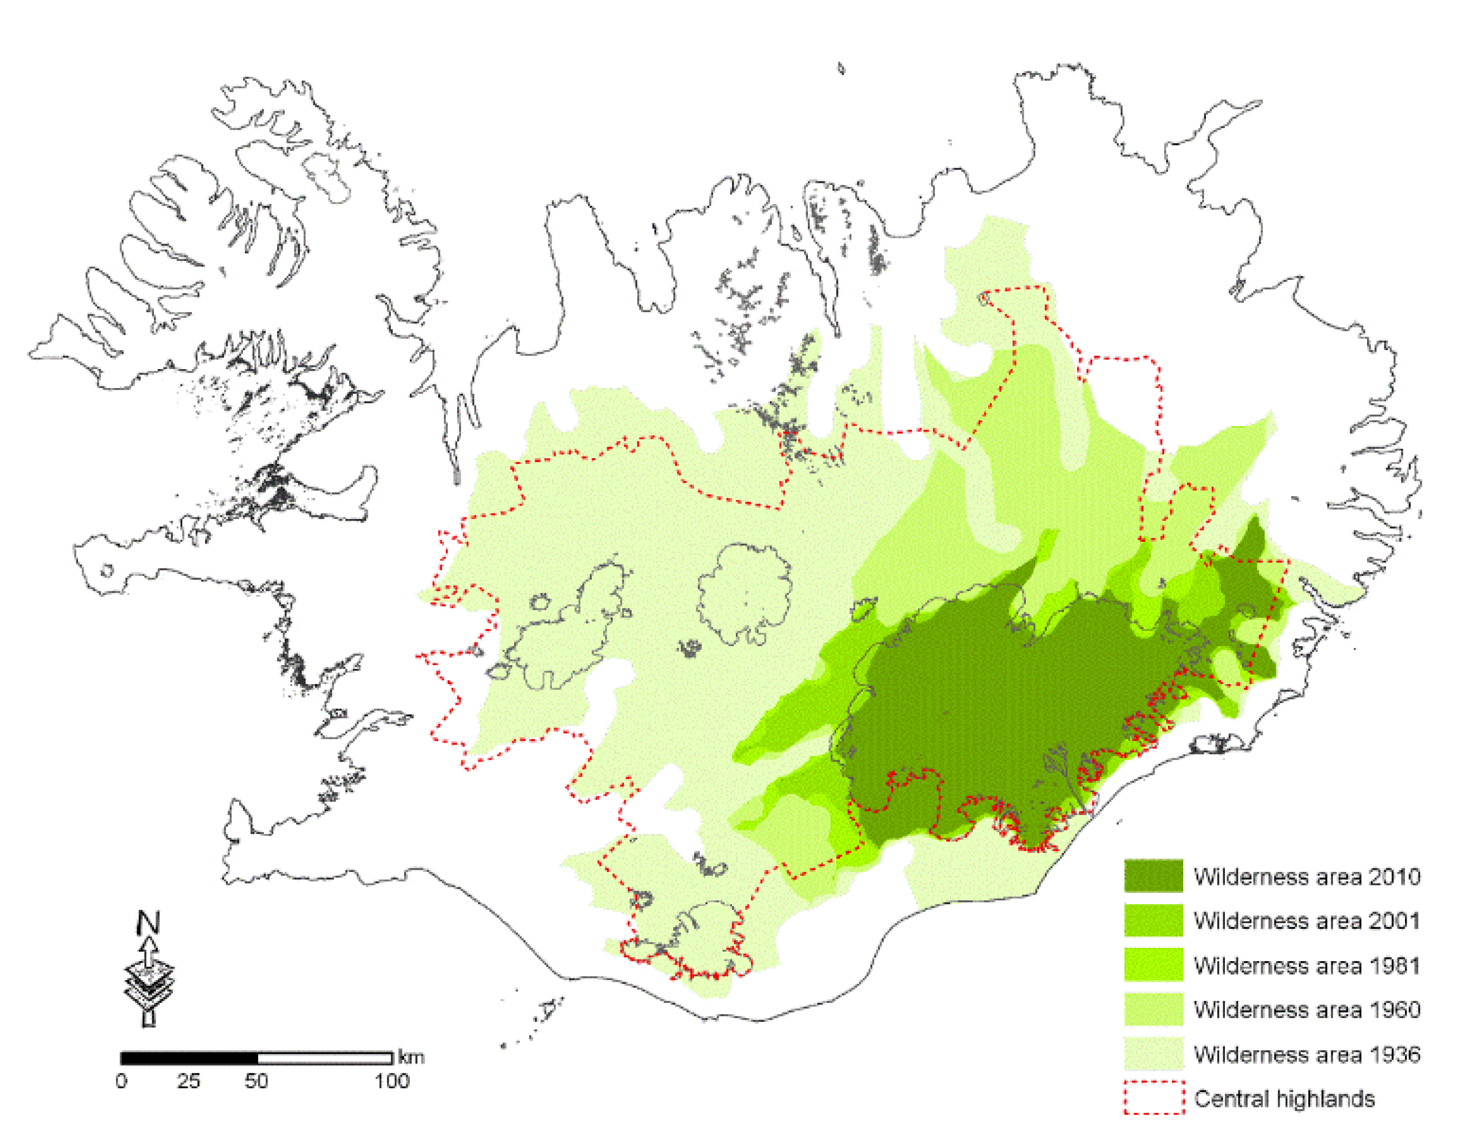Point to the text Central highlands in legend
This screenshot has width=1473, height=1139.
[x=1283, y=1098]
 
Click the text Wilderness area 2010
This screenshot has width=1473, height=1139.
[x=1306, y=876]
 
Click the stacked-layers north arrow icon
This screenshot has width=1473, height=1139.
[x=149, y=981]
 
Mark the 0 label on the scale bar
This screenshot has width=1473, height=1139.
[x=122, y=1082]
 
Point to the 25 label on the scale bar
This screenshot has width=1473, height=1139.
[x=189, y=1082]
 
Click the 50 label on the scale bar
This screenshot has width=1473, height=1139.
[x=256, y=1082]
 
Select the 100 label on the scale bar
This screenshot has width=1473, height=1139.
[x=392, y=1082]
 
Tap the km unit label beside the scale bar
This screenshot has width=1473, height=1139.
[x=411, y=1056]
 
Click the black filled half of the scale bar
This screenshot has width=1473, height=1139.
[x=190, y=1058]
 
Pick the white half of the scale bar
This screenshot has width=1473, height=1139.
[x=324, y=1058]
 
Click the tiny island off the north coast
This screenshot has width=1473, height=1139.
[x=841, y=68]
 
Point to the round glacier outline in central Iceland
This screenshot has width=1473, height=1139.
[x=744, y=593]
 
